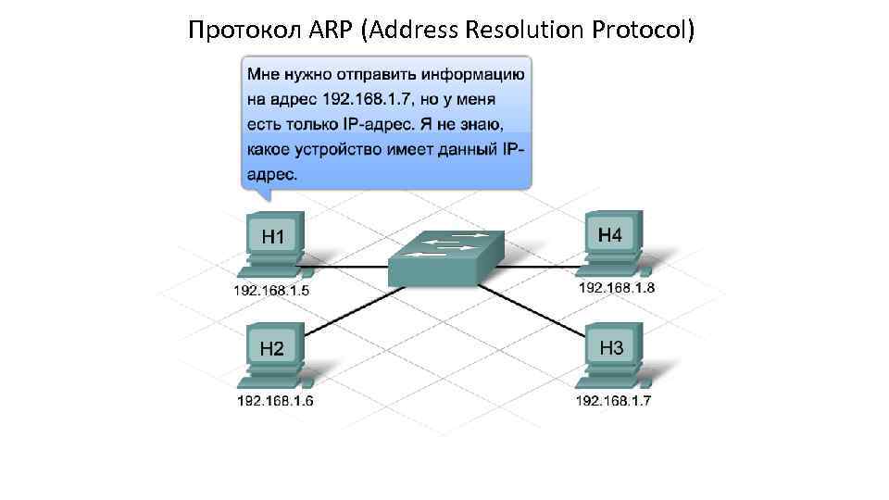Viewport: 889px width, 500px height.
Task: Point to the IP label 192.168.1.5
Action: (x=270, y=290)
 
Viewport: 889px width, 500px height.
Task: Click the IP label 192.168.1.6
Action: (x=275, y=401)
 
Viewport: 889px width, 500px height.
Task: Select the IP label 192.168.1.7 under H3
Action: (x=615, y=401)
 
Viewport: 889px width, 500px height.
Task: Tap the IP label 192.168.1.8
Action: (x=617, y=287)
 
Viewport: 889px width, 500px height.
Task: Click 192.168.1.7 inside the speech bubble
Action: (x=362, y=98)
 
